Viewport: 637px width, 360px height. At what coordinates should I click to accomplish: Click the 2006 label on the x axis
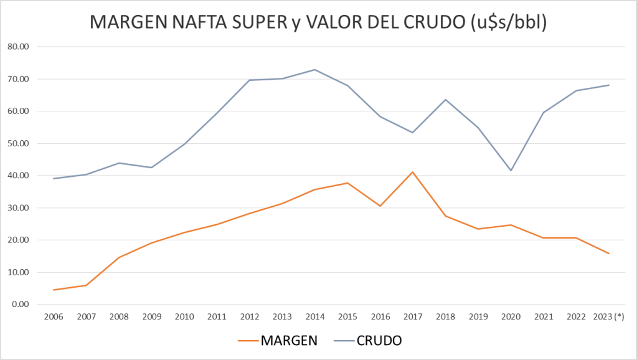54,316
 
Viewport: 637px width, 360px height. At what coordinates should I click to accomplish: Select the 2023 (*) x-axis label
608,316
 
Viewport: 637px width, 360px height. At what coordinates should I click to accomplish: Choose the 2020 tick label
511,316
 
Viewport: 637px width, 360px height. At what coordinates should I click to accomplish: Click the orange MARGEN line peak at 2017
412,172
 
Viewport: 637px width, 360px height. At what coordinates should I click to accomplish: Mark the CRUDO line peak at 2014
314,70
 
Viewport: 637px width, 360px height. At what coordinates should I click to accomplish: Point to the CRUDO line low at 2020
511,171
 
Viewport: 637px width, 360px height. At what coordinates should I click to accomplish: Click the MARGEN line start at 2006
54,290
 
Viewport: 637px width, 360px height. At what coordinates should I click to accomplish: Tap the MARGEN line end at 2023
608,253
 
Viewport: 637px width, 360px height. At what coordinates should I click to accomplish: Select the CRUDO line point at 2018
445,100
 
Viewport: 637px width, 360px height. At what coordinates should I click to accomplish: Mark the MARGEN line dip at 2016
380,206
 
